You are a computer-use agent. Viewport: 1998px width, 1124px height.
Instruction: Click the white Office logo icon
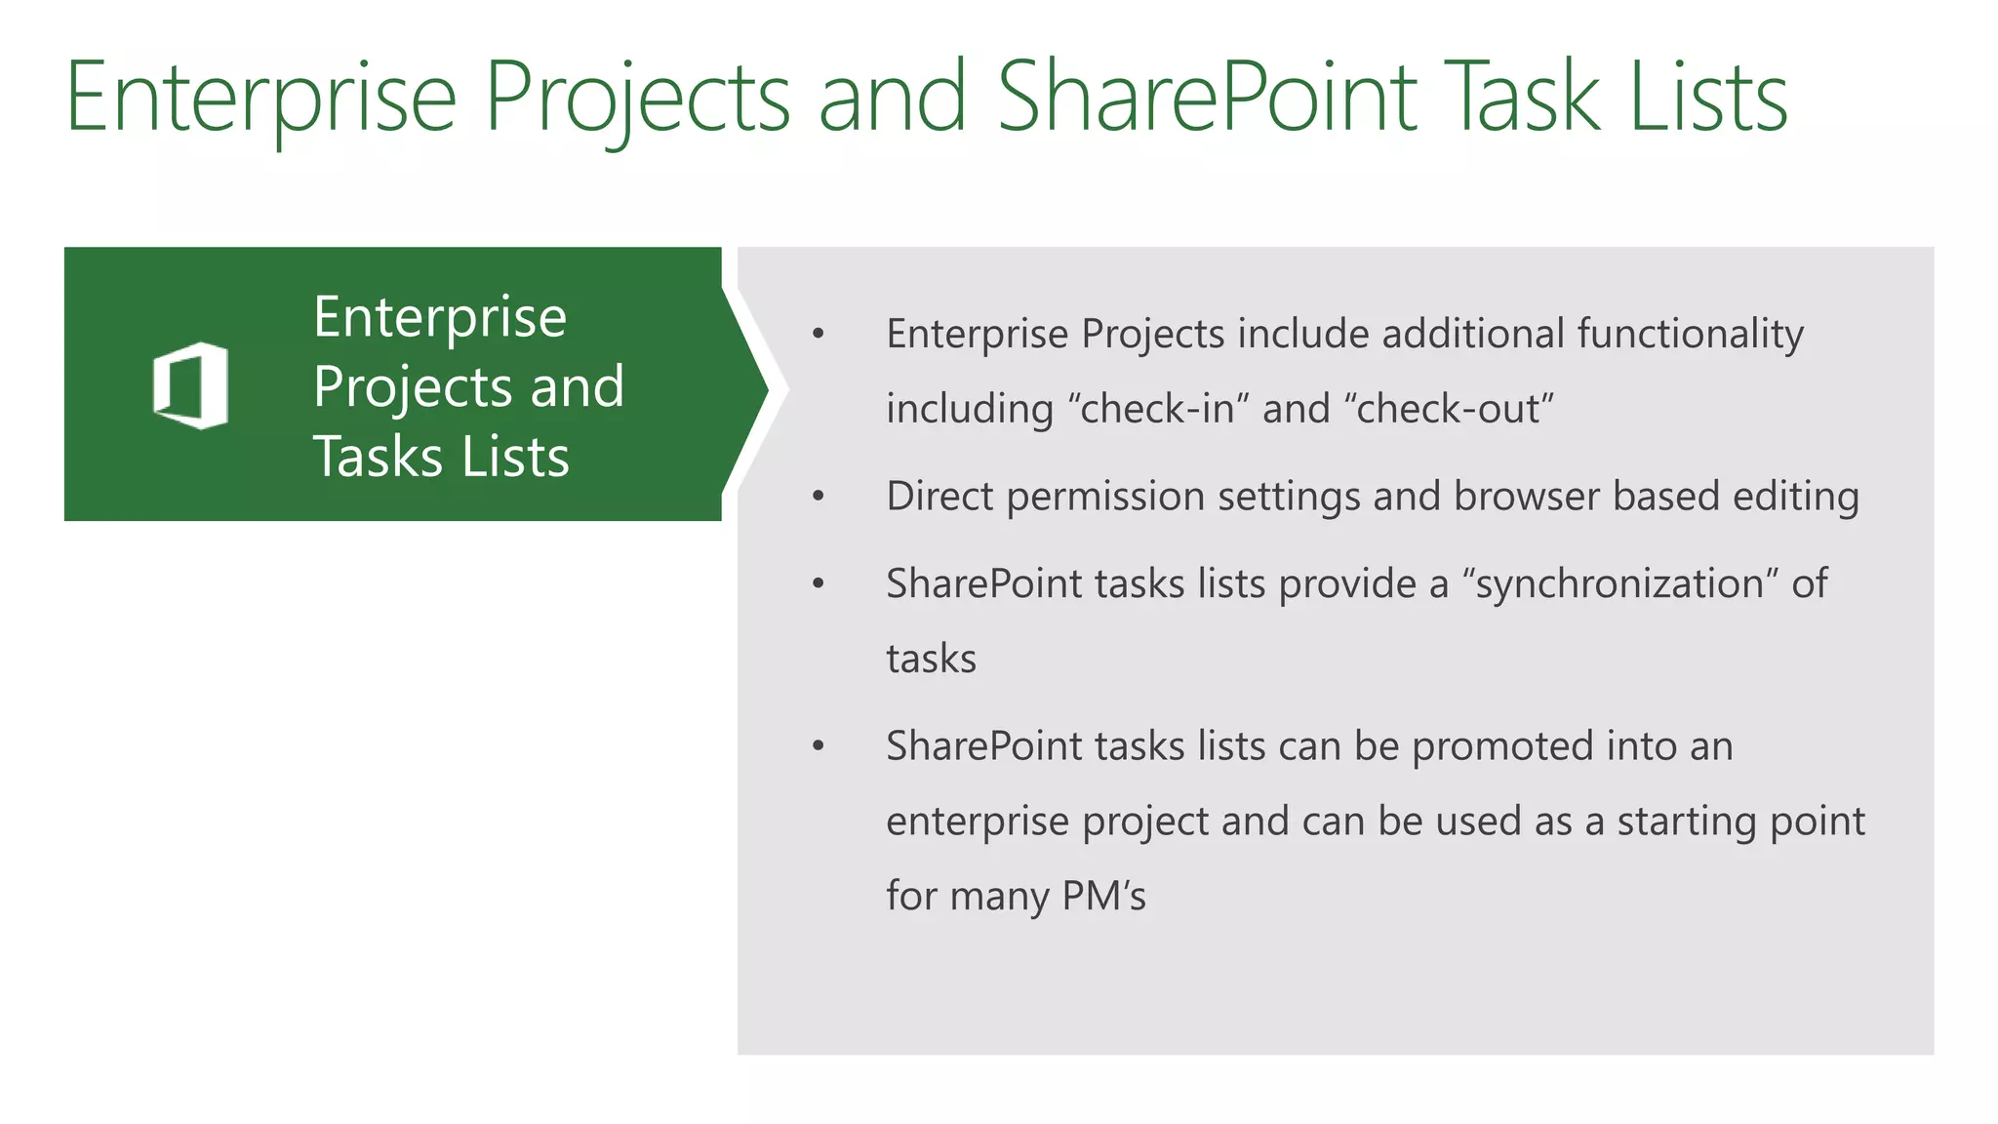tap(191, 385)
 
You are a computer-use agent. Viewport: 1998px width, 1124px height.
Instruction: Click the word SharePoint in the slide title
tap(1206, 97)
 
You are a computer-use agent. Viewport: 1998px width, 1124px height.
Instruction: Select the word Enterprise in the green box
tap(440, 316)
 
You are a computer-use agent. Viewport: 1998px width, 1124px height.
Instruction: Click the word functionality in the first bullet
tap(1691, 334)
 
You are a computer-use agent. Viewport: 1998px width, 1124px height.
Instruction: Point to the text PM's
tap(1103, 896)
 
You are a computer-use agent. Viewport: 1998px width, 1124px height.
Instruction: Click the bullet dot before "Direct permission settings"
tap(819, 497)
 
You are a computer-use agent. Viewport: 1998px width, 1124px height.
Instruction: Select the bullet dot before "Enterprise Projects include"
tap(819, 335)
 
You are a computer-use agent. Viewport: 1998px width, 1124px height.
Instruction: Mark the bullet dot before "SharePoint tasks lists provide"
tap(819, 584)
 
